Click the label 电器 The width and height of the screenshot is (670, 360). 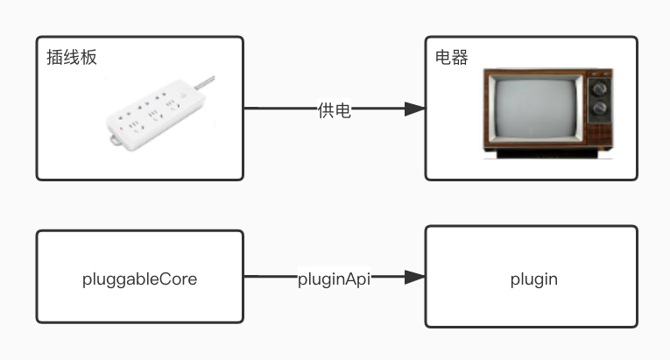[x=452, y=58]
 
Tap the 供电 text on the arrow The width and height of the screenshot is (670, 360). [x=334, y=109]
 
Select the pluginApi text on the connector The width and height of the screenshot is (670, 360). [x=334, y=279]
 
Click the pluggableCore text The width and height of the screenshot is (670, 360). [x=139, y=279]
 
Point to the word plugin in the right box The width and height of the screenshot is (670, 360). [x=533, y=279]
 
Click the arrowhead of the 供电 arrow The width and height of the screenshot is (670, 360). [x=414, y=109]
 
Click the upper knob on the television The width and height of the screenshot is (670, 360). [x=600, y=88]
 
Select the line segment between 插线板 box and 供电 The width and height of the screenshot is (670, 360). [x=279, y=109]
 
